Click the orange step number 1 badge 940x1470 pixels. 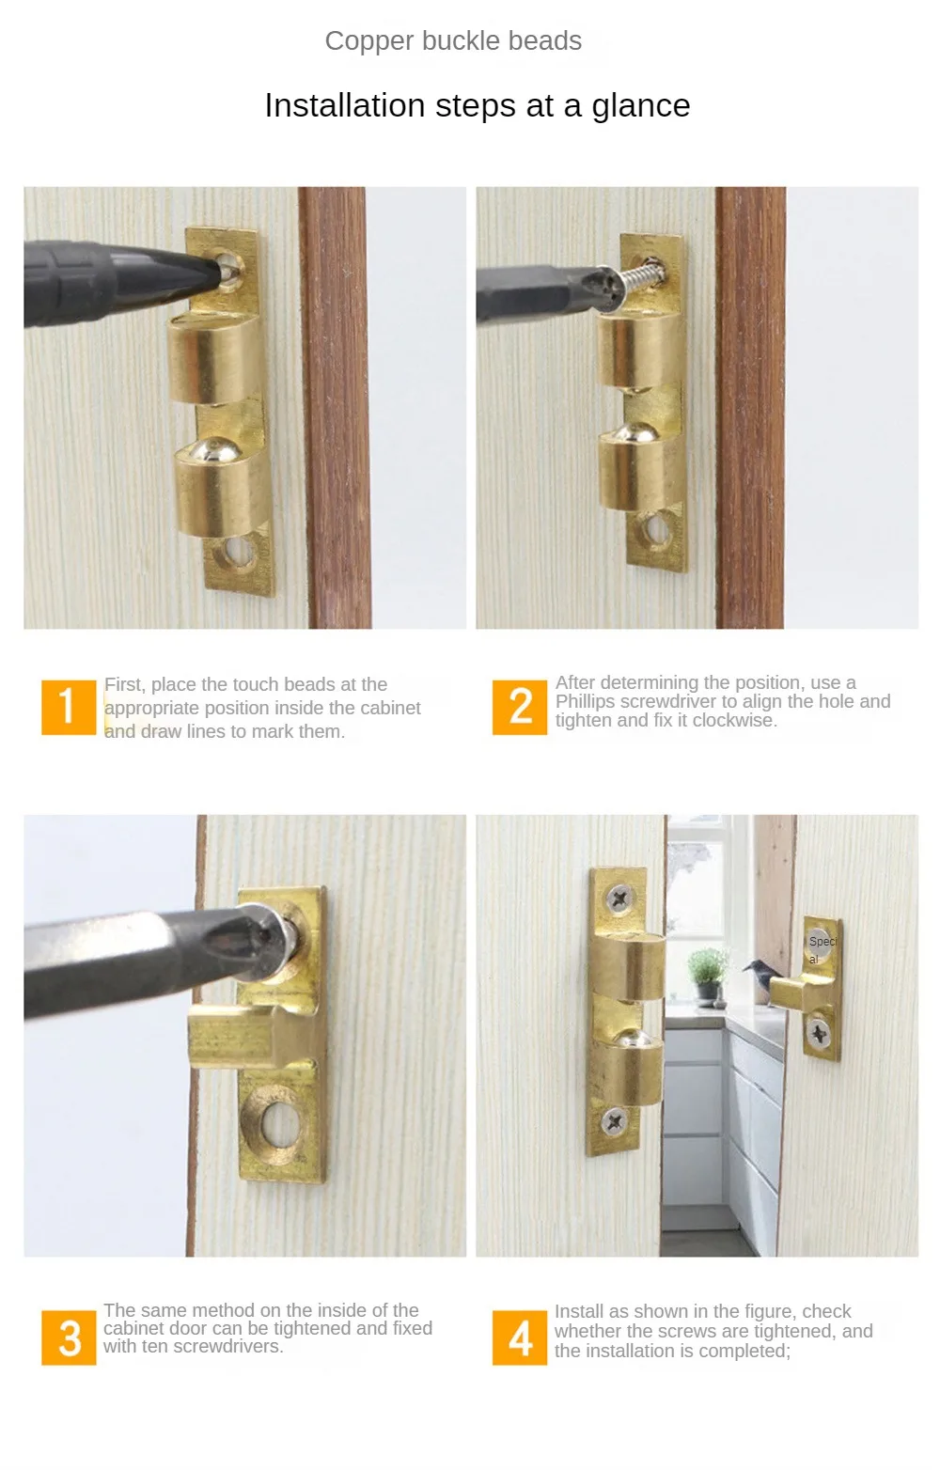point(69,707)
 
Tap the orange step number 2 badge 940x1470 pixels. point(520,707)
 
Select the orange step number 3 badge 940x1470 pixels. point(69,1337)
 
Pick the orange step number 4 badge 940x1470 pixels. point(520,1337)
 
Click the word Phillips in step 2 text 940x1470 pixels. point(588,702)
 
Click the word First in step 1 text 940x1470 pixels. point(123,684)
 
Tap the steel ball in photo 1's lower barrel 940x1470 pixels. point(217,449)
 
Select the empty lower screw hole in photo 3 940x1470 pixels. point(276,1122)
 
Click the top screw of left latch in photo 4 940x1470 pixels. point(619,899)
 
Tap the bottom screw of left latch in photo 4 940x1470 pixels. point(615,1119)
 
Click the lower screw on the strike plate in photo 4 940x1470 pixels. point(819,1035)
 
